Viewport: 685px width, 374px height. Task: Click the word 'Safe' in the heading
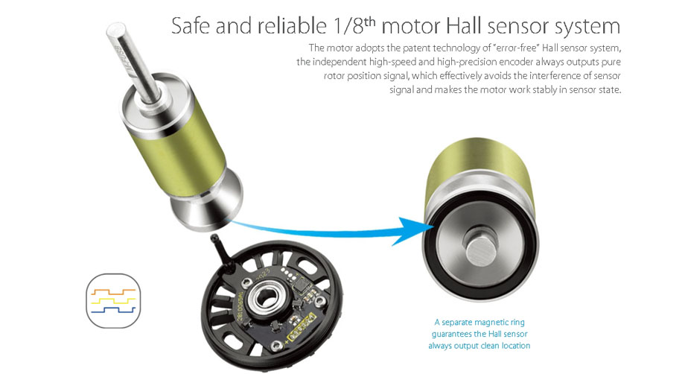(191, 26)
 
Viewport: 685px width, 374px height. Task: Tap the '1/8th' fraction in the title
(354, 25)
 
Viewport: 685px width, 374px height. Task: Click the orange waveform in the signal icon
(113, 291)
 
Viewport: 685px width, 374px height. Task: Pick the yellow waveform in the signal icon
(113, 301)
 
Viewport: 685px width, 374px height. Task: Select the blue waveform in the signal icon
(113, 310)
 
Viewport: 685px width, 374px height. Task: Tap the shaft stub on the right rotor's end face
(480, 247)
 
